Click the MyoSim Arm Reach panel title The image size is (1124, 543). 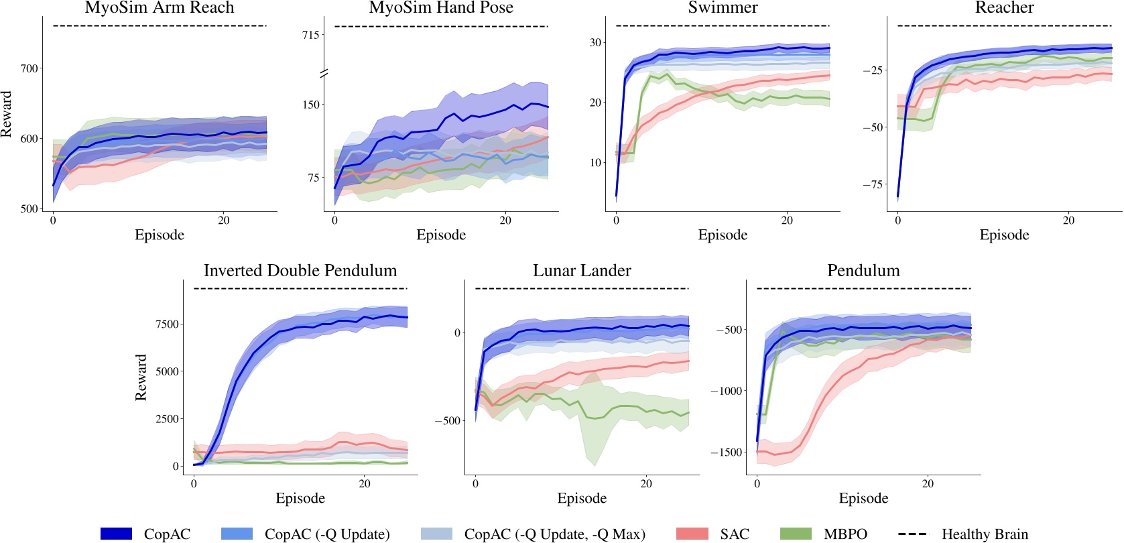pyautogui.click(x=160, y=8)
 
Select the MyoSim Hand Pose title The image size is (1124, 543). pyautogui.click(x=441, y=8)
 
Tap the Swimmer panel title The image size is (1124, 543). pyautogui.click(x=723, y=8)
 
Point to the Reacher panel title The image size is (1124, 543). pyautogui.click(x=1004, y=8)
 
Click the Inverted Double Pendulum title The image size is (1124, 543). pyautogui.click(x=300, y=271)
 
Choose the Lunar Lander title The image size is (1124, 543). pyautogui.click(x=582, y=271)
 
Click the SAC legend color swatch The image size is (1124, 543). pyautogui.click(x=692, y=534)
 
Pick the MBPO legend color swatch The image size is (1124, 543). pyautogui.click(x=796, y=534)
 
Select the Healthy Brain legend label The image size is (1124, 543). pyautogui.click(x=985, y=534)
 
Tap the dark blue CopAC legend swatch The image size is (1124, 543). pyautogui.click(x=116, y=534)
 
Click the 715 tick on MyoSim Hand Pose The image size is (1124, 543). pyautogui.click(x=310, y=35)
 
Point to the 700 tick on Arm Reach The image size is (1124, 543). pyautogui.click(x=29, y=68)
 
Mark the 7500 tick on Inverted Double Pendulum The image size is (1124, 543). pyautogui.click(x=168, y=324)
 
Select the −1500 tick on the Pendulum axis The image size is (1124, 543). pyautogui.click(x=727, y=452)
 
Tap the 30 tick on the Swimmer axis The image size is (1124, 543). pyautogui.click(x=595, y=42)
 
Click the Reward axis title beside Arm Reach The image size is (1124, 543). pyautogui.click(x=7, y=114)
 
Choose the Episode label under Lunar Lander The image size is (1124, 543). pyautogui.click(x=582, y=498)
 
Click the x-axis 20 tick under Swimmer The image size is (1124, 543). pyautogui.click(x=787, y=220)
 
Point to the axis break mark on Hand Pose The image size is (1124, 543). pyautogui.click(x=324, y=73)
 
